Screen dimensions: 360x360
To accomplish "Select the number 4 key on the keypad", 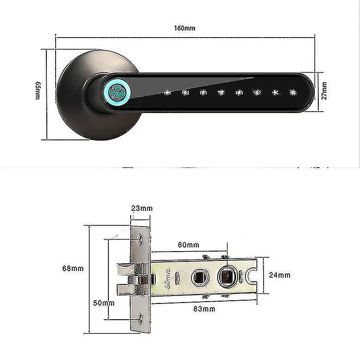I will coord(221,93).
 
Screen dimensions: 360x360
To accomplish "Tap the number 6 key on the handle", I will coord(257,93).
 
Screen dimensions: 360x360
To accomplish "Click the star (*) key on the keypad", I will coord(275,93).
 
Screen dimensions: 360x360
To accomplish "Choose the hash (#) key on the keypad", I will coord(292,93).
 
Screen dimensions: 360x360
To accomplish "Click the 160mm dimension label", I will coord(184,28).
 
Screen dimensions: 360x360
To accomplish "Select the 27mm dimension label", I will coord(324,91).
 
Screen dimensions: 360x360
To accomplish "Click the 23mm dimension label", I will coord(141,208).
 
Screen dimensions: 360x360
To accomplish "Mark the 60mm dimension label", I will coord(189,245).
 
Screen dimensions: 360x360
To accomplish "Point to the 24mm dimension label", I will coord(280,275).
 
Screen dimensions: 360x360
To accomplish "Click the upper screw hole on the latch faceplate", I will coord(141,239).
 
